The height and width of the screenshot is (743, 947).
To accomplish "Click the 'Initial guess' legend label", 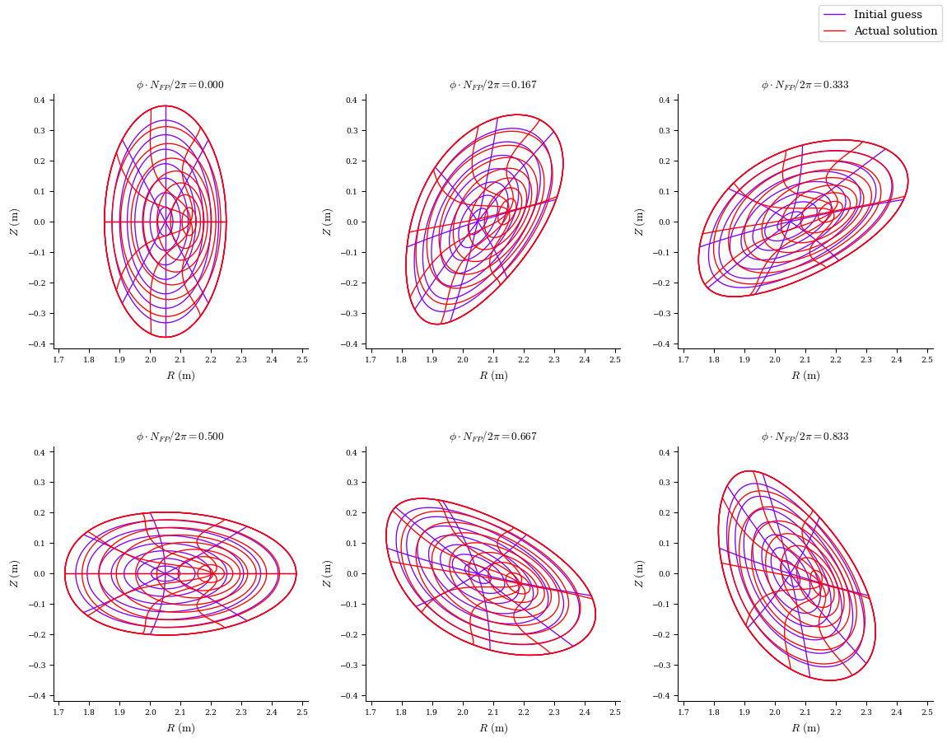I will pos(888,15).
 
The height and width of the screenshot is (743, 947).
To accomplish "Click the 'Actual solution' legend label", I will pos(895,31).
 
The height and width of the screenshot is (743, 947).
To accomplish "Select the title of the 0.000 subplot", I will pos(180,85).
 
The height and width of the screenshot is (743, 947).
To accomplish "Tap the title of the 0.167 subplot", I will pos(492,85).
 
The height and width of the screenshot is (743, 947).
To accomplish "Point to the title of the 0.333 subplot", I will pos(805,85).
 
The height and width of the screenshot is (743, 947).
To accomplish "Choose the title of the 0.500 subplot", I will pos(180,437).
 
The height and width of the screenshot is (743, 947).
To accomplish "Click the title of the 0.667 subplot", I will pos(492,437).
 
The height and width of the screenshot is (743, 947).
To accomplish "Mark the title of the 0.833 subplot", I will pos(805,437).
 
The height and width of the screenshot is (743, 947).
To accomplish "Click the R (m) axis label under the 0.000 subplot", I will pos(180,376).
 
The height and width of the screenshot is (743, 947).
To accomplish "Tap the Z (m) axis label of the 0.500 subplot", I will pos(14,573).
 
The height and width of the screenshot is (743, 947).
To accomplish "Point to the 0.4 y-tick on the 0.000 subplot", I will pos(38,100).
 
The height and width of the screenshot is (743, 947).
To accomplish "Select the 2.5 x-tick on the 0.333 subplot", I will pos(926,360).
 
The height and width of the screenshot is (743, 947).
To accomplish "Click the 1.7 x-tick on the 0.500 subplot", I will pos(58,712).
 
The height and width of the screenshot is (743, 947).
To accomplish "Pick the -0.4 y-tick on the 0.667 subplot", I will pos(349,695).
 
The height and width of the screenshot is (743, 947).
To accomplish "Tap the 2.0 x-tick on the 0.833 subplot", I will pos(774,712).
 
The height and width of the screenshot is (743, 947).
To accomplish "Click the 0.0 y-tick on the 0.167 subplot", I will pos(351,222).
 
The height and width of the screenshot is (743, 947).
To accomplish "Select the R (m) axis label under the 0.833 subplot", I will pos(805,728).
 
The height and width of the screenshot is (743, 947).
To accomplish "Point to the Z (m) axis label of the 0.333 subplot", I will pos(639,222).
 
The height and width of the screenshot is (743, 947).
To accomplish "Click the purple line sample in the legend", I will pos(835,15).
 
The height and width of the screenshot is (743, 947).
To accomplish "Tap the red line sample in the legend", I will pos(835,31).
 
